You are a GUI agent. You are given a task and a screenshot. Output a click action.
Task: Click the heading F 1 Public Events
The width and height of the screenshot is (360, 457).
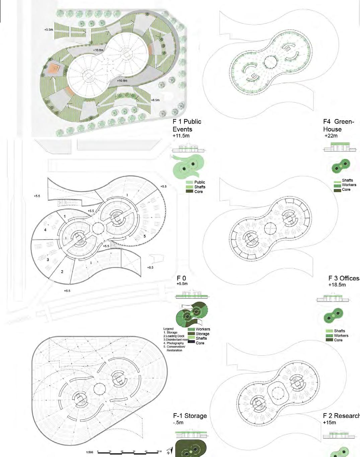(187, 125)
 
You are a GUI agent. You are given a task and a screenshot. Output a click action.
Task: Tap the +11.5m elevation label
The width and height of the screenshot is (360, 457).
(181, 136)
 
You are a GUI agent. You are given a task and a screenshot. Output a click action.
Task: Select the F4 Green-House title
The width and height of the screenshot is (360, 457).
(338, 125)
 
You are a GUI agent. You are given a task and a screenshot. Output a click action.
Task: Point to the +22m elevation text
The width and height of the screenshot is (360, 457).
(331, 136)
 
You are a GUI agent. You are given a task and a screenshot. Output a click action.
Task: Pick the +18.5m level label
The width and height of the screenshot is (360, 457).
(337, 285)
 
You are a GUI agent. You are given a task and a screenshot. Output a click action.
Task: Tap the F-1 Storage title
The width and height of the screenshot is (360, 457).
(190, 416)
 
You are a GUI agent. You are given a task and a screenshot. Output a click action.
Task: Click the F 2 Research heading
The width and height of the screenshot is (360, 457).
(341, 416)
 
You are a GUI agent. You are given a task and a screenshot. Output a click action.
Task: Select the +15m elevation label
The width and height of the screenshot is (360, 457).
(330, 423)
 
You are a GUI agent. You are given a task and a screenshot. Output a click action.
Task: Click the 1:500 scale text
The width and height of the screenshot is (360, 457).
(89, 453)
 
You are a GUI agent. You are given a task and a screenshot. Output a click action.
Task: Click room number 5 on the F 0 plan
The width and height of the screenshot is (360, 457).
(145, 236)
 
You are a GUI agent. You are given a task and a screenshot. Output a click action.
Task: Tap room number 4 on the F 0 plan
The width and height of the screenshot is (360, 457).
(45, 230)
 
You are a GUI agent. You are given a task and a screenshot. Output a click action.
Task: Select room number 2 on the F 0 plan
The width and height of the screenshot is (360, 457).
(62, 272)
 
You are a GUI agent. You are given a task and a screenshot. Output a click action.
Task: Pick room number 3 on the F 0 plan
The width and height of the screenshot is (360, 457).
(48, 259)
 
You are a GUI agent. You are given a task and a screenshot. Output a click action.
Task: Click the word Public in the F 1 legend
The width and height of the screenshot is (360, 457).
(200, 182)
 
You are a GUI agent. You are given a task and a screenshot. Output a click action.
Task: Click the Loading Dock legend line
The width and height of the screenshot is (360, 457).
(174, 336)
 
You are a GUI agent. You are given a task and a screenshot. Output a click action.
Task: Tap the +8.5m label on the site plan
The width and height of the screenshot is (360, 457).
(155, 100)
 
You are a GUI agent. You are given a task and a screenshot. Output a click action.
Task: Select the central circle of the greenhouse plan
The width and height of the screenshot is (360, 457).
(270, 62)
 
